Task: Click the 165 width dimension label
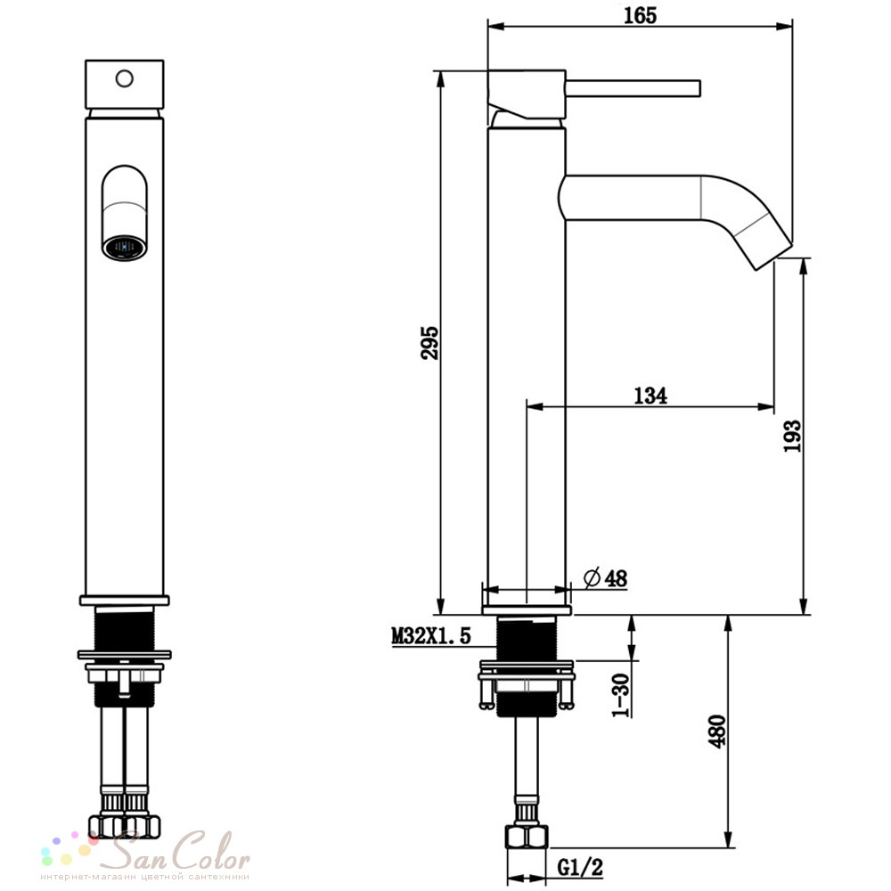pos(640,15)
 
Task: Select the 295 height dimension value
pos(430,342)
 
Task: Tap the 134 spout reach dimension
pos(650,395)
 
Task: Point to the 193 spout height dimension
pos(792,436)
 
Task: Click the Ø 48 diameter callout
pos(606,578)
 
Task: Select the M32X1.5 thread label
pos(431,635)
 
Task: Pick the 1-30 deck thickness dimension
pos(621,694)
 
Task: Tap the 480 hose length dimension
pos(717,732)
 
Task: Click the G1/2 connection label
pos(580,867)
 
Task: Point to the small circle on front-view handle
pos(125,78)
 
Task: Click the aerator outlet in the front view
pos(125,248)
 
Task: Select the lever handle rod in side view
pos(633,88)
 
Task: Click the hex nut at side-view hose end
pos(527,836)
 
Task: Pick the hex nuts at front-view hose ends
pos(125,826)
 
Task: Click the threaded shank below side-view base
pos(527,666)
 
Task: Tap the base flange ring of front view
pos(125,601)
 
